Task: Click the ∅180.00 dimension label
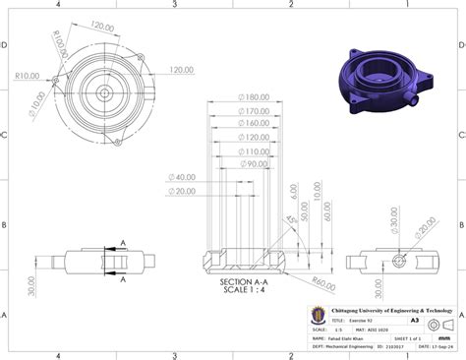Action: pyautogui.click(x=253, y=97)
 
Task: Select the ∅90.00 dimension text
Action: pyautogui.click(x=253, y=164)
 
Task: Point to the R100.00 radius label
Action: pyautogui.click(x=66, y=44)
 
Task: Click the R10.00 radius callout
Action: pyautogui.click(x=29, y=75)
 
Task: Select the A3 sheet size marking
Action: pyautogui.click(x=416, y=321)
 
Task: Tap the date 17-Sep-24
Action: pyautogui.click(x=429, y=346)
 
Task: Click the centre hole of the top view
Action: pyautogui.click(x=103, y=93)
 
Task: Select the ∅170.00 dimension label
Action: pyautogui.click(x=253, y=112)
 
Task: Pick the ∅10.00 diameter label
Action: pyautogui.click(x=36, y=98)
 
